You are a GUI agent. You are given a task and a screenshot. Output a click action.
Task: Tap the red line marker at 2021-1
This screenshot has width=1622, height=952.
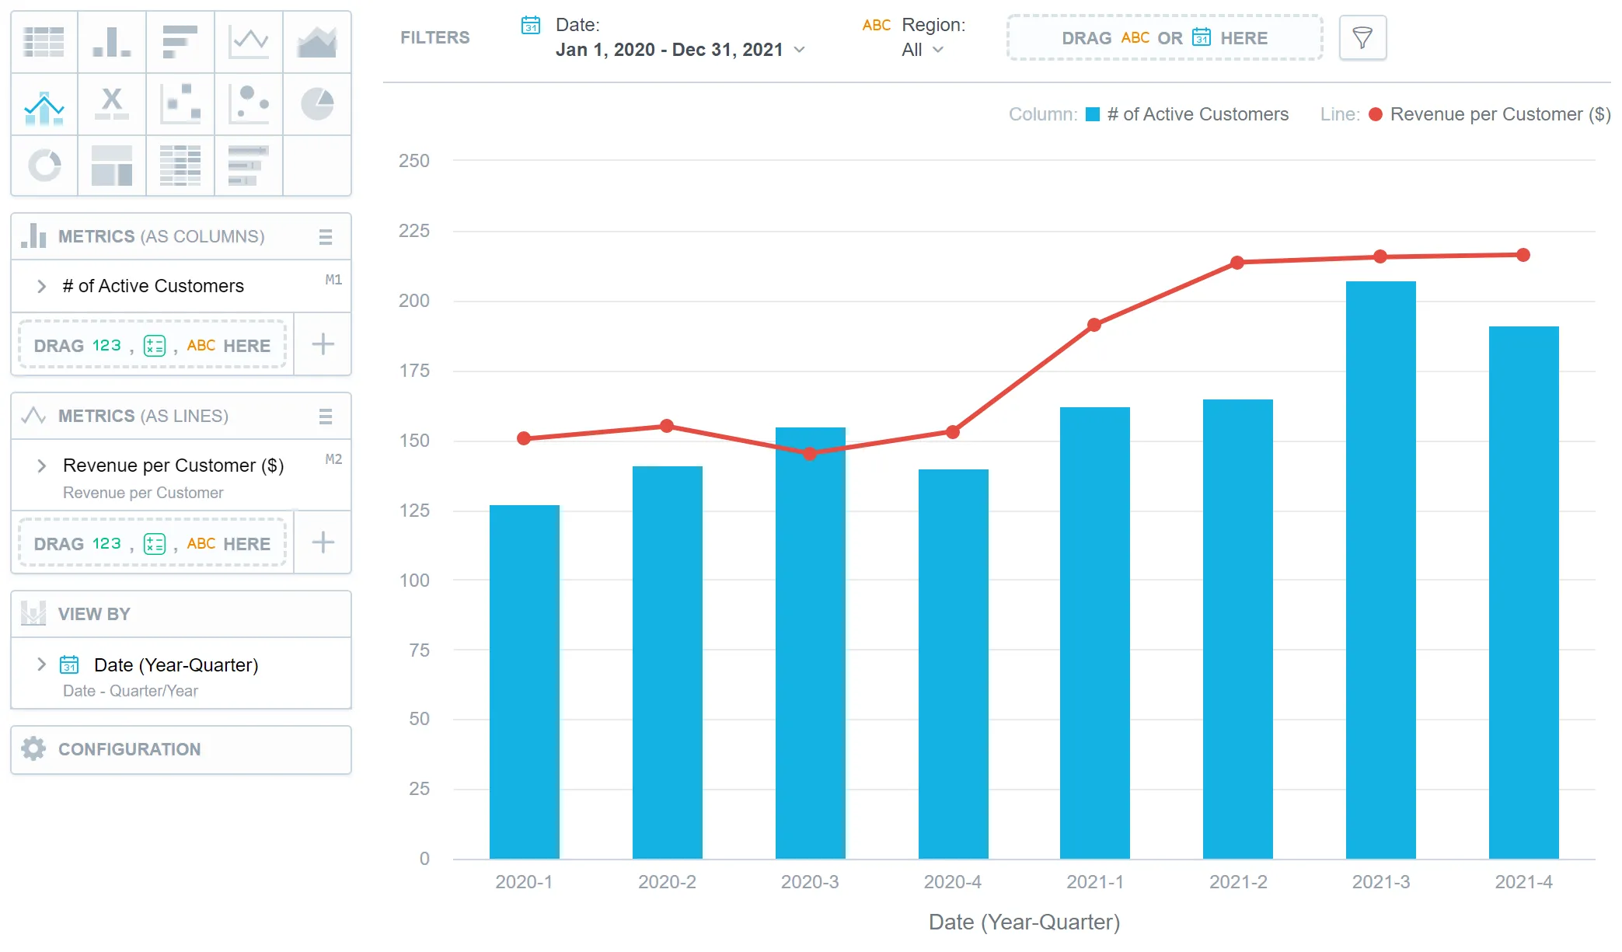(1094, 325)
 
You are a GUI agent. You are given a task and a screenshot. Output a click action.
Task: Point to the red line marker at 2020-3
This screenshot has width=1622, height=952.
(810, 453)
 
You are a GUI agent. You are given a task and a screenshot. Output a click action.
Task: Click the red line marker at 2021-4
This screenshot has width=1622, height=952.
(1523, 255)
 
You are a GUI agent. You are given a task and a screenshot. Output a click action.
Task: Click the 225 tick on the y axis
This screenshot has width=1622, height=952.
(413, 231)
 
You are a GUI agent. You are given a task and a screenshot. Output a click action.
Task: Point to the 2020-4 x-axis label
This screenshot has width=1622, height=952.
(952, 882)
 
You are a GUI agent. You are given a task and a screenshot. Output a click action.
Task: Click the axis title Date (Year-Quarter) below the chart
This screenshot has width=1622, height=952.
(1024, 922)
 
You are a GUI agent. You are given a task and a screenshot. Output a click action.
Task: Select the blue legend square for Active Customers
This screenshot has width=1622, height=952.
(1093, 114)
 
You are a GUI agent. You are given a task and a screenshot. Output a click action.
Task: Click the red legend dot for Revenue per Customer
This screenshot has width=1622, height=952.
(1376, 114)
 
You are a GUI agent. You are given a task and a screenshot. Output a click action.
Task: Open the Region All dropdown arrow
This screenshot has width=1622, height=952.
(938, 50)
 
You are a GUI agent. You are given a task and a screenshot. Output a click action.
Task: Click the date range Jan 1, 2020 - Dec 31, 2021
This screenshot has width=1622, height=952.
(669, 50)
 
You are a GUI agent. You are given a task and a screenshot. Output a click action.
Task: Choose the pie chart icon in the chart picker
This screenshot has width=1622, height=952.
(317, 104)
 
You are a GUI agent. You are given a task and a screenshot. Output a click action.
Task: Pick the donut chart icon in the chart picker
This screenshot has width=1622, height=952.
(44, 166)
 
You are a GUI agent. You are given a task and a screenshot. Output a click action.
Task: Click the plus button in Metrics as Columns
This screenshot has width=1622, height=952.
(323, 344)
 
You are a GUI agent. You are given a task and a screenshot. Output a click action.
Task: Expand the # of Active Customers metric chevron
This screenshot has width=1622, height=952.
(42, 286)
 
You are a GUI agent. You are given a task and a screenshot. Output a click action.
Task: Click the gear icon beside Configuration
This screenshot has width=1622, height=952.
(33, 748)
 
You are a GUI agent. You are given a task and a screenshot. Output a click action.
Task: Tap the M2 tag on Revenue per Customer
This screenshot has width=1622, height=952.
(333, 459)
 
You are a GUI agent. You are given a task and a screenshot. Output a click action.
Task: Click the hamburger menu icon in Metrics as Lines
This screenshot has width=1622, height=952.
(326, 417)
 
